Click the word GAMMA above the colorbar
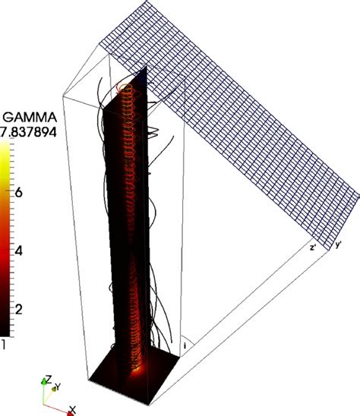point(30,117)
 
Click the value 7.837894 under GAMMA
point(28,131)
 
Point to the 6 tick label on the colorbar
point(18,192)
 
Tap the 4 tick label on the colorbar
point(18,251)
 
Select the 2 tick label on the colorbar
point(18,310)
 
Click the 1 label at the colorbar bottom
point(2,344)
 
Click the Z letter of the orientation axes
point(49,379)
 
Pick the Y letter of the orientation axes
point(58,387)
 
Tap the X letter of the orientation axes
point(72,410)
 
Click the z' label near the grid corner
point(313,247)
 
